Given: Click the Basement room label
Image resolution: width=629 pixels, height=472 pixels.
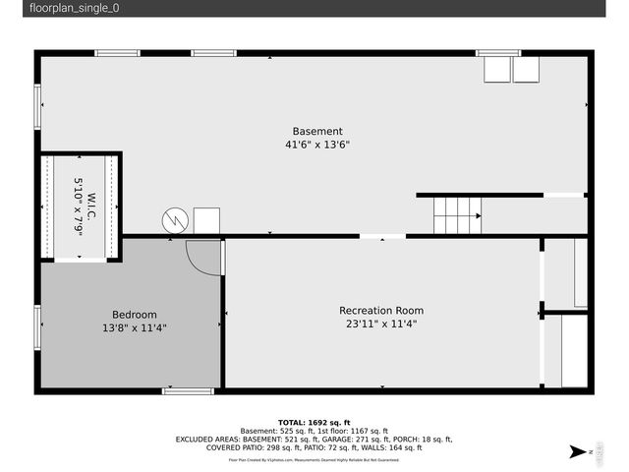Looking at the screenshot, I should point(317,132).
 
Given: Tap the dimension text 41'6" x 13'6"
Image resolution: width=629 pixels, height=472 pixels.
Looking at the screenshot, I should point(317,145).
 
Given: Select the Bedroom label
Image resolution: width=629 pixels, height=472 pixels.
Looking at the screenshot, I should point(134,315).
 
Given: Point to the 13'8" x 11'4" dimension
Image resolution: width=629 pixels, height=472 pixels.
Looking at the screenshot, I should point(134,327).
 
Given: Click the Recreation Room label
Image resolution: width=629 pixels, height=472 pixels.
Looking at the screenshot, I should point(381,311).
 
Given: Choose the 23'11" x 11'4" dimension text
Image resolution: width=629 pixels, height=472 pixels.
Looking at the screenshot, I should point(381,324).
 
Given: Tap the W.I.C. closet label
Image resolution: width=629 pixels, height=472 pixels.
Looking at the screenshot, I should point(90,206).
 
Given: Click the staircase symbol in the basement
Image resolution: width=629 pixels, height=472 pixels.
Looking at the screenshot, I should point(458,215).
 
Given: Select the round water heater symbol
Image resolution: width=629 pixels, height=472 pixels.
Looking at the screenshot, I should point(174,220).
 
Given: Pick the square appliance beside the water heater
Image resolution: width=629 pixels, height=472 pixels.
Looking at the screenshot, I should point(206,220).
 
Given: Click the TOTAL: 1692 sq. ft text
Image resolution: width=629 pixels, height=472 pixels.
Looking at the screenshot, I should point(314,422).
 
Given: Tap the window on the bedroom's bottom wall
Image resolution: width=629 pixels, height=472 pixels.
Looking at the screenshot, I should point(188,391).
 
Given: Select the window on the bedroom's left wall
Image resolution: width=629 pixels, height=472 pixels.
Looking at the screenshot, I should point(38,326).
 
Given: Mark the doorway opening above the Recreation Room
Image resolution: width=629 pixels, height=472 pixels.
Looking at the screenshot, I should point(381,236).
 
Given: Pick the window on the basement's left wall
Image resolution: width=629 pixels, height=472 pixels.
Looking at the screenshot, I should point(38,106).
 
